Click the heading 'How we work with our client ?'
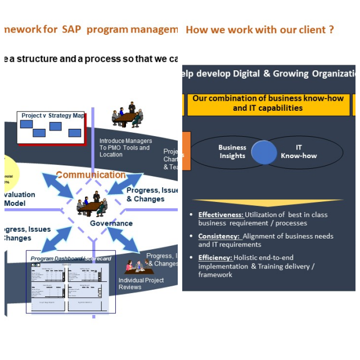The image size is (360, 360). click(259, 29)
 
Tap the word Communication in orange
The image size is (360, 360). click(90, 174)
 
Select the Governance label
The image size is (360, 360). click(111, 223)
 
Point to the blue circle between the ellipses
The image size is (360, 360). click(264, 152)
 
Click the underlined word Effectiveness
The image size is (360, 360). click(221, 214)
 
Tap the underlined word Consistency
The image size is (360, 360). click(219, 236)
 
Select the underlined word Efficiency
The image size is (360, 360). click(215, 258)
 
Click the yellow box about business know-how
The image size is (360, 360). click(268, 103)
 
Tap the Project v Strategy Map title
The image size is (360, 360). click(52, 116)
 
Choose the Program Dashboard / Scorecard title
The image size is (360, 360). click(71, 258)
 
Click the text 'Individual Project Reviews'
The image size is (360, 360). click(141, 283)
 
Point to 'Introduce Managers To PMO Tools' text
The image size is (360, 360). click(125, 147)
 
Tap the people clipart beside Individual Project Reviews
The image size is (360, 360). click(137, 265)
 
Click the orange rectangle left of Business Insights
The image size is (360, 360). click(186, 151)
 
